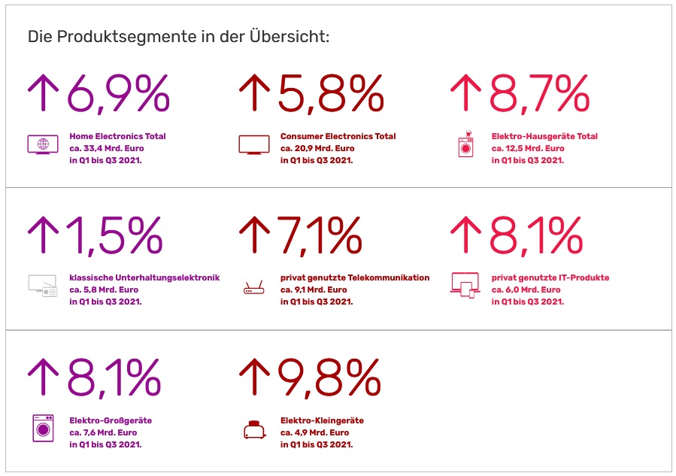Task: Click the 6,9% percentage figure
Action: [x=118, y=93]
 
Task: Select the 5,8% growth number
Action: [x=331, y=93]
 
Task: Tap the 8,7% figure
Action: [x=539, y=93]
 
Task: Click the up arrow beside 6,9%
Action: [x=44, y=93]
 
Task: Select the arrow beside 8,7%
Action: [x=465, y=93]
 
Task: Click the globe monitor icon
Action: [x=43, y=144]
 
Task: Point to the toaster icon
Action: [x=253, y=429]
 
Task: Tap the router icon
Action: [x=253, y=289]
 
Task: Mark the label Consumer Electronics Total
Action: [x=338, y=136]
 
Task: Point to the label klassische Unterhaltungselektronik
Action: [x=144, y=277]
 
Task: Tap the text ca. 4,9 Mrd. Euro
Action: [x=314, y=432]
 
